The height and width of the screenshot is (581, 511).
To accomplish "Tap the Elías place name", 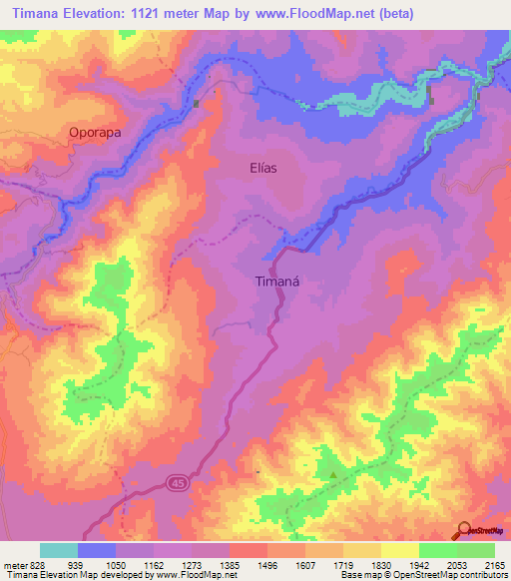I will pyautogui.click(x=261, y=168).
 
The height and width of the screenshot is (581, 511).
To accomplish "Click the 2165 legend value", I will pyautogui.click(x=494, y=564).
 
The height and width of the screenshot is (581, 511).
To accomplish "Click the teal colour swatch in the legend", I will pyautogui.click(x=58, y=550).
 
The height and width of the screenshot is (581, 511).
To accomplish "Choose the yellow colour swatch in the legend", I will pyautogui.click(x=399, y=550).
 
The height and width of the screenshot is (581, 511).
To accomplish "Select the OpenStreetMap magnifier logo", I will pyautogui.click(x=463, y=530).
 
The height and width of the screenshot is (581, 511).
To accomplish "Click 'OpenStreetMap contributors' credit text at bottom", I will pyautogui.click(x=454, y=575).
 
